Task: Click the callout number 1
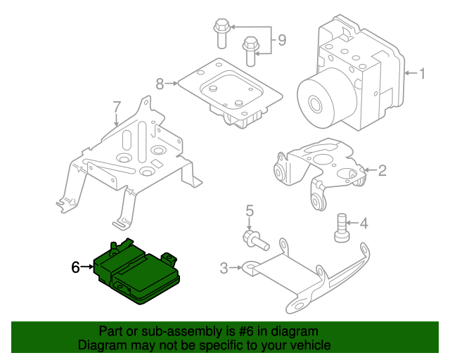[422, 72]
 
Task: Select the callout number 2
[382, 169]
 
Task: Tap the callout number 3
[224, 267]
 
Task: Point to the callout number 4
[364, 224]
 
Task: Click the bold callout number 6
[76, 266]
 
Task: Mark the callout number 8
[160, 84]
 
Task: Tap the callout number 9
[281, 40]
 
